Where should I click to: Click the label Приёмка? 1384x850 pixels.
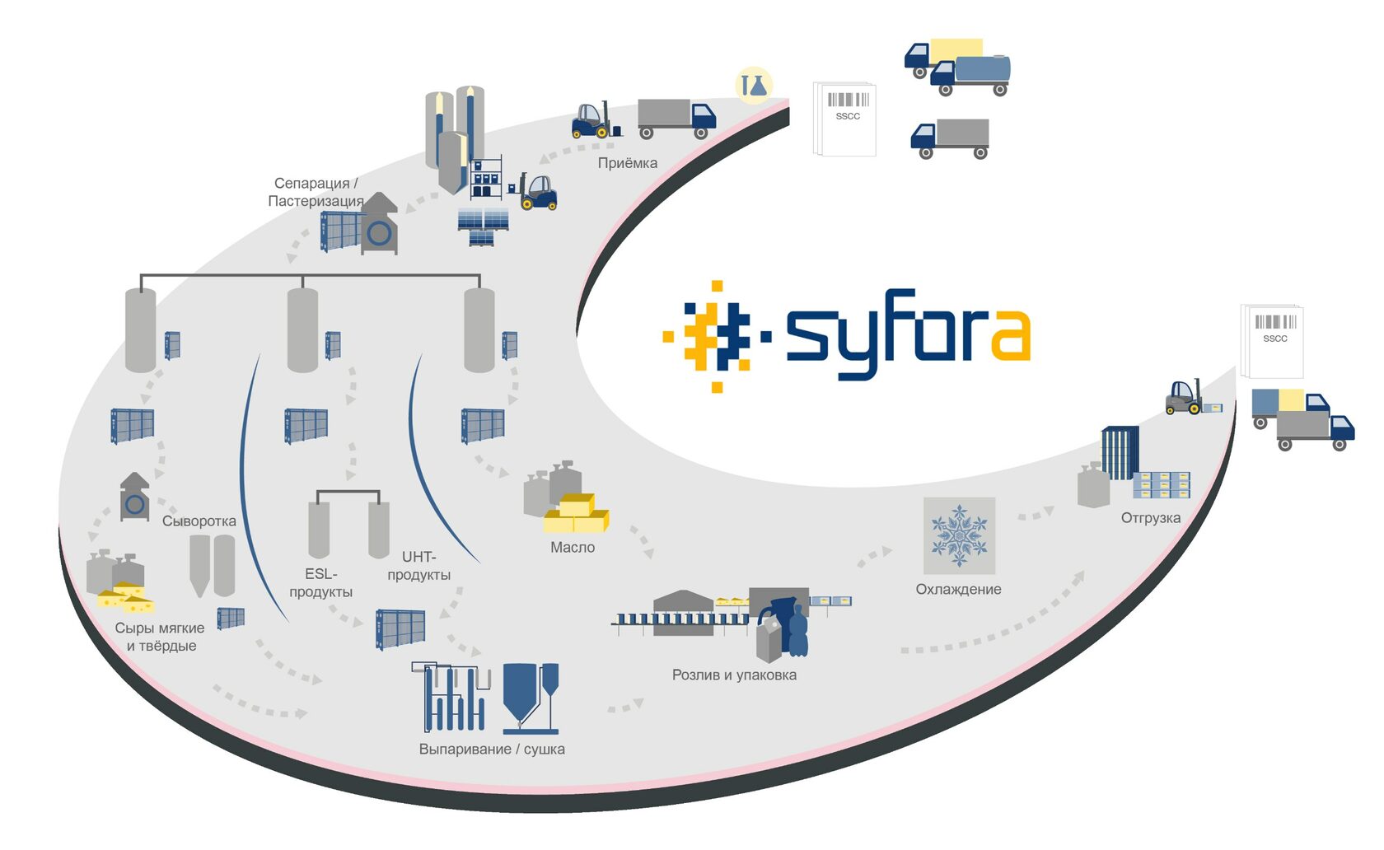click(627, 163)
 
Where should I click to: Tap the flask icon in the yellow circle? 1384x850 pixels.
click(753, 85)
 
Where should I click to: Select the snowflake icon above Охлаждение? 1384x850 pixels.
click(959, 535)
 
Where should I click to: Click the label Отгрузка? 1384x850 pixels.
click(1150, 518)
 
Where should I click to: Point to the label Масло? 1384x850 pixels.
click(573, 548)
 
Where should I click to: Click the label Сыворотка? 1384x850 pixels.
click(199, 521)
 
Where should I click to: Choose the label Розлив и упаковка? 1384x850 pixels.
click(734, 675)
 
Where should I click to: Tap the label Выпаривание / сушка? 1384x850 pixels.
click(492, 750)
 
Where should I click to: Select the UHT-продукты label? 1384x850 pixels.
click(418, 566)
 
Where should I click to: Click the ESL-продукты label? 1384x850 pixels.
click(320, 583)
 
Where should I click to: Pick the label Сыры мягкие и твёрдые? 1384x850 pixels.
click(160, 637)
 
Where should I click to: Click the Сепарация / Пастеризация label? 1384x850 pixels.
click(316, 192)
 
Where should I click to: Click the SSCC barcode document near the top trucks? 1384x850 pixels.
click(845, 119)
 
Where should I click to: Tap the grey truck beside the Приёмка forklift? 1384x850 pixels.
click(676, 119)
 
